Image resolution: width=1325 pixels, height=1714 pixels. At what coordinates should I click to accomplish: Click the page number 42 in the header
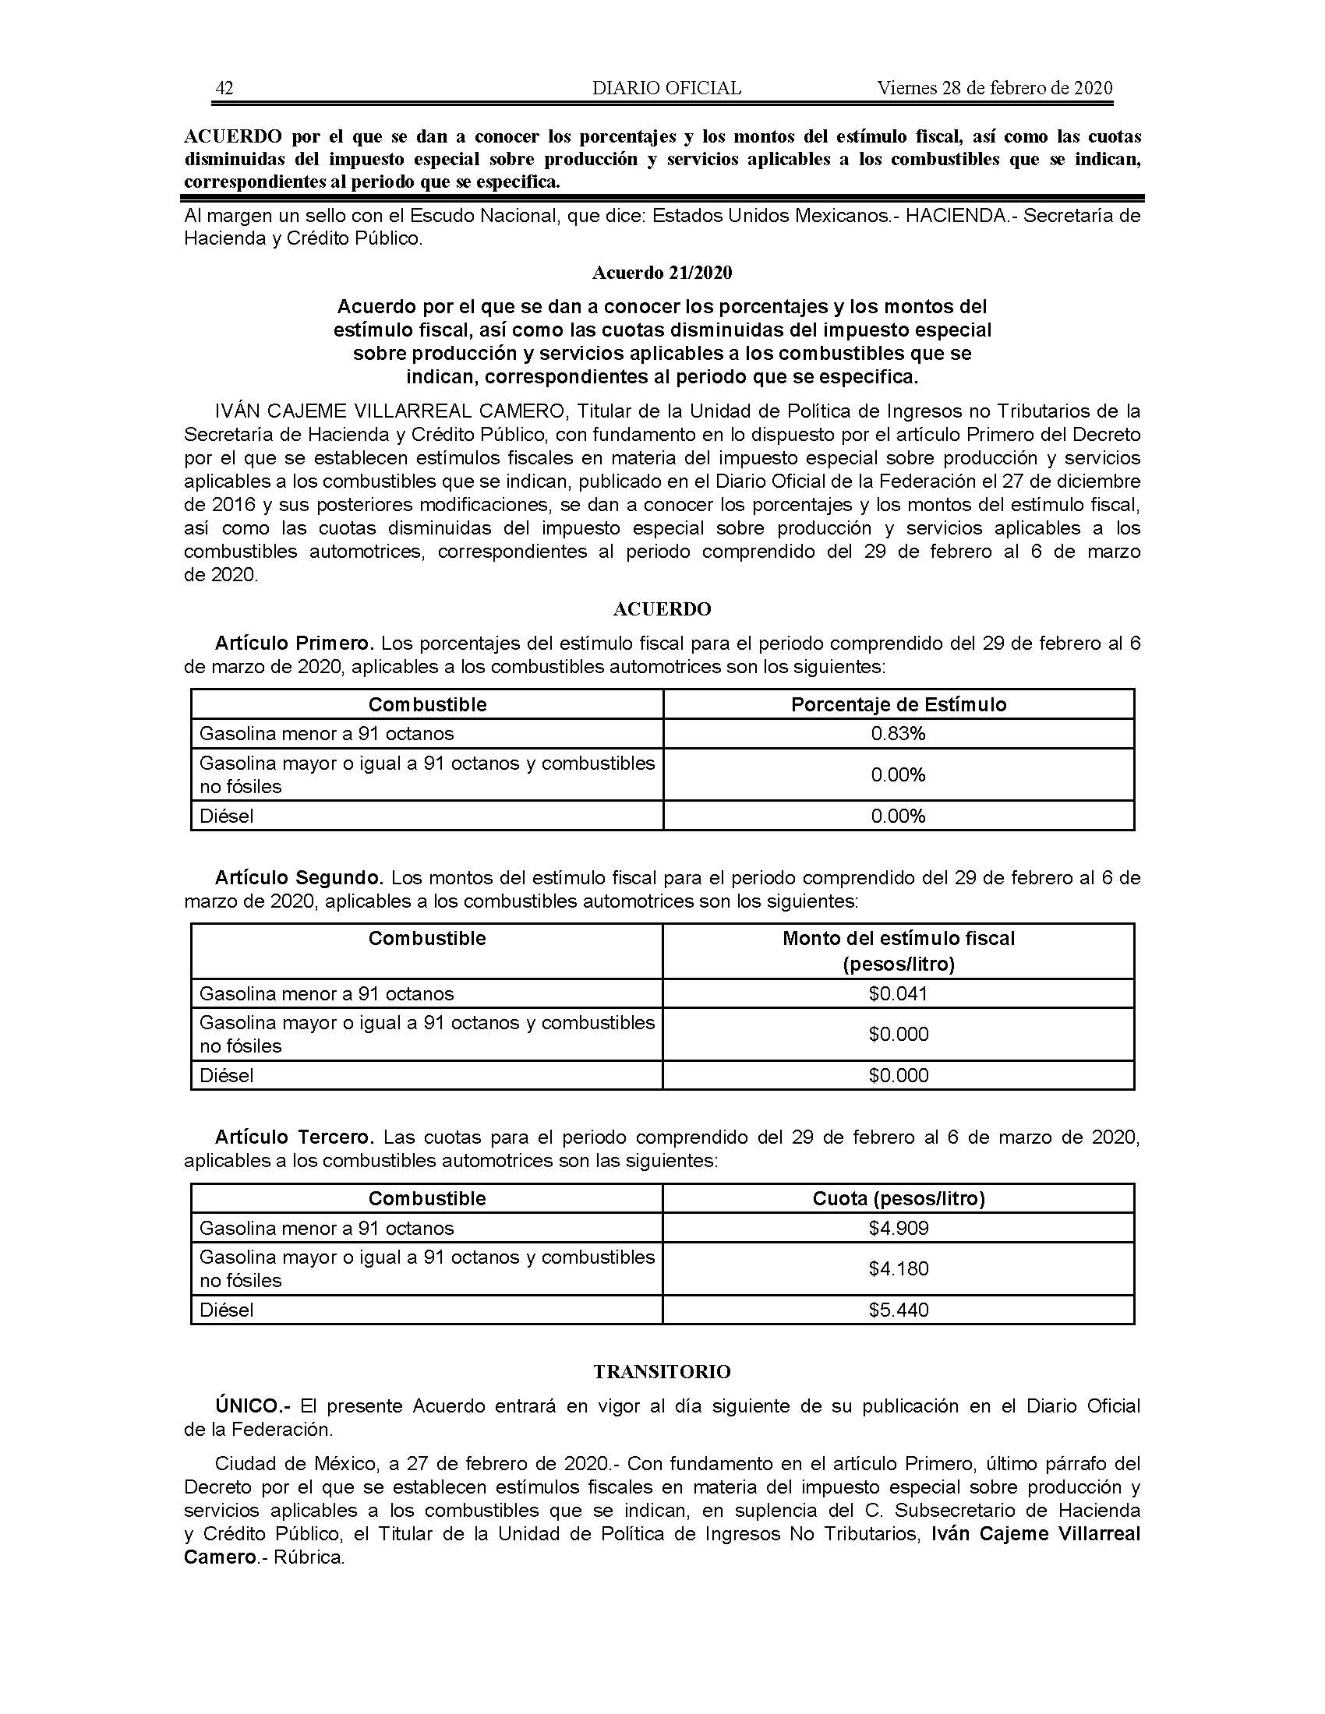tap(224, 88)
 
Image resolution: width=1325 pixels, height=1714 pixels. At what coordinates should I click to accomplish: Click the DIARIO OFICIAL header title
tap(666, 88)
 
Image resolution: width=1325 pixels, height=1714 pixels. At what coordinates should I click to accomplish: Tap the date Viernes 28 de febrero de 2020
tap(995, 88)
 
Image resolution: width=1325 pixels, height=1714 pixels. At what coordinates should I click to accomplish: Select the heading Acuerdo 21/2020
tap(662, 273)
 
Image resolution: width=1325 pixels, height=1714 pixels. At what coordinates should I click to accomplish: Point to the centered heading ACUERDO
tap(662, 609)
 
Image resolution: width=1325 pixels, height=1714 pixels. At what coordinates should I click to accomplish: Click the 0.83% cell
tap(898, 734)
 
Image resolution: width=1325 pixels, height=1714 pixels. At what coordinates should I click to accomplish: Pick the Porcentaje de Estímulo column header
tap(898, 705)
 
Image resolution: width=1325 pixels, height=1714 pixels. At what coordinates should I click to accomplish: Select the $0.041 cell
tap(898, 993)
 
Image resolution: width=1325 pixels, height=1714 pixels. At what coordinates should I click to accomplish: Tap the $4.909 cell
tap(898, 1228)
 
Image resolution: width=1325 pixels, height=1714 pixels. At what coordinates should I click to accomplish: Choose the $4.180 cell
tap(898, 1268)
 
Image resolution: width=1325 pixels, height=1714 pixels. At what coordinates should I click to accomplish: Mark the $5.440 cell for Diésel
tap(898, 1310)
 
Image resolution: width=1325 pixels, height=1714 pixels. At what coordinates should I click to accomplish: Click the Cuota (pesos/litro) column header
tap(898, 1198)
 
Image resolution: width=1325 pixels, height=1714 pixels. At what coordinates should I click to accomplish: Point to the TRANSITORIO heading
tap(662, 1372)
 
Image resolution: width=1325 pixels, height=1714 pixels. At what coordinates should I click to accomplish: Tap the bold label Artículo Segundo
tap(299, 877)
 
